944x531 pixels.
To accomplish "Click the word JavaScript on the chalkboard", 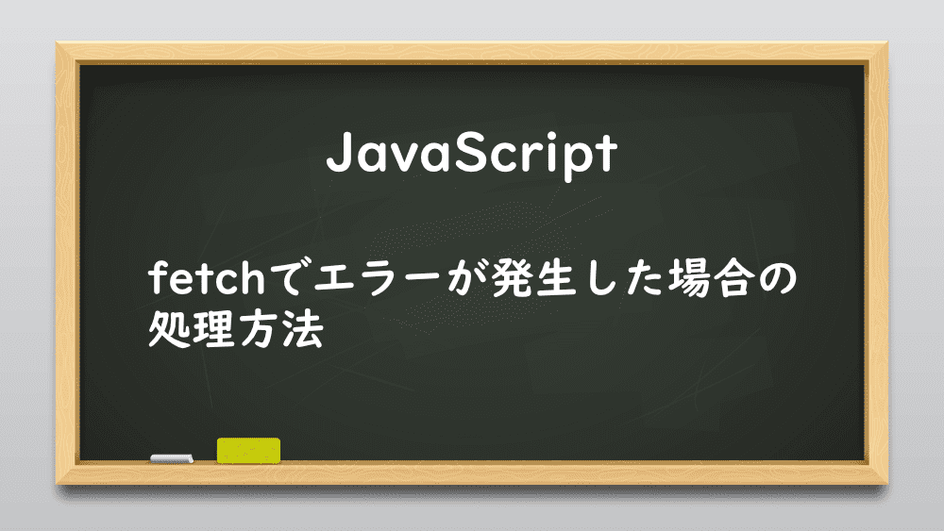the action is pos(471,154).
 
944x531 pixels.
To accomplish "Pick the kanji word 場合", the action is pos(709,278).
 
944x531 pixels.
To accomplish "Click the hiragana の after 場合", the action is pos(776,279).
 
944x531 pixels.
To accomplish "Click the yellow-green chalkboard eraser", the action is pos(248,451).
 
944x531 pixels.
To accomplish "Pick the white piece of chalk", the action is pos(172,458).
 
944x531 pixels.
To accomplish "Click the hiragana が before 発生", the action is pos(468,278).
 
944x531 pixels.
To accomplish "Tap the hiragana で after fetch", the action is pos(289,278).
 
